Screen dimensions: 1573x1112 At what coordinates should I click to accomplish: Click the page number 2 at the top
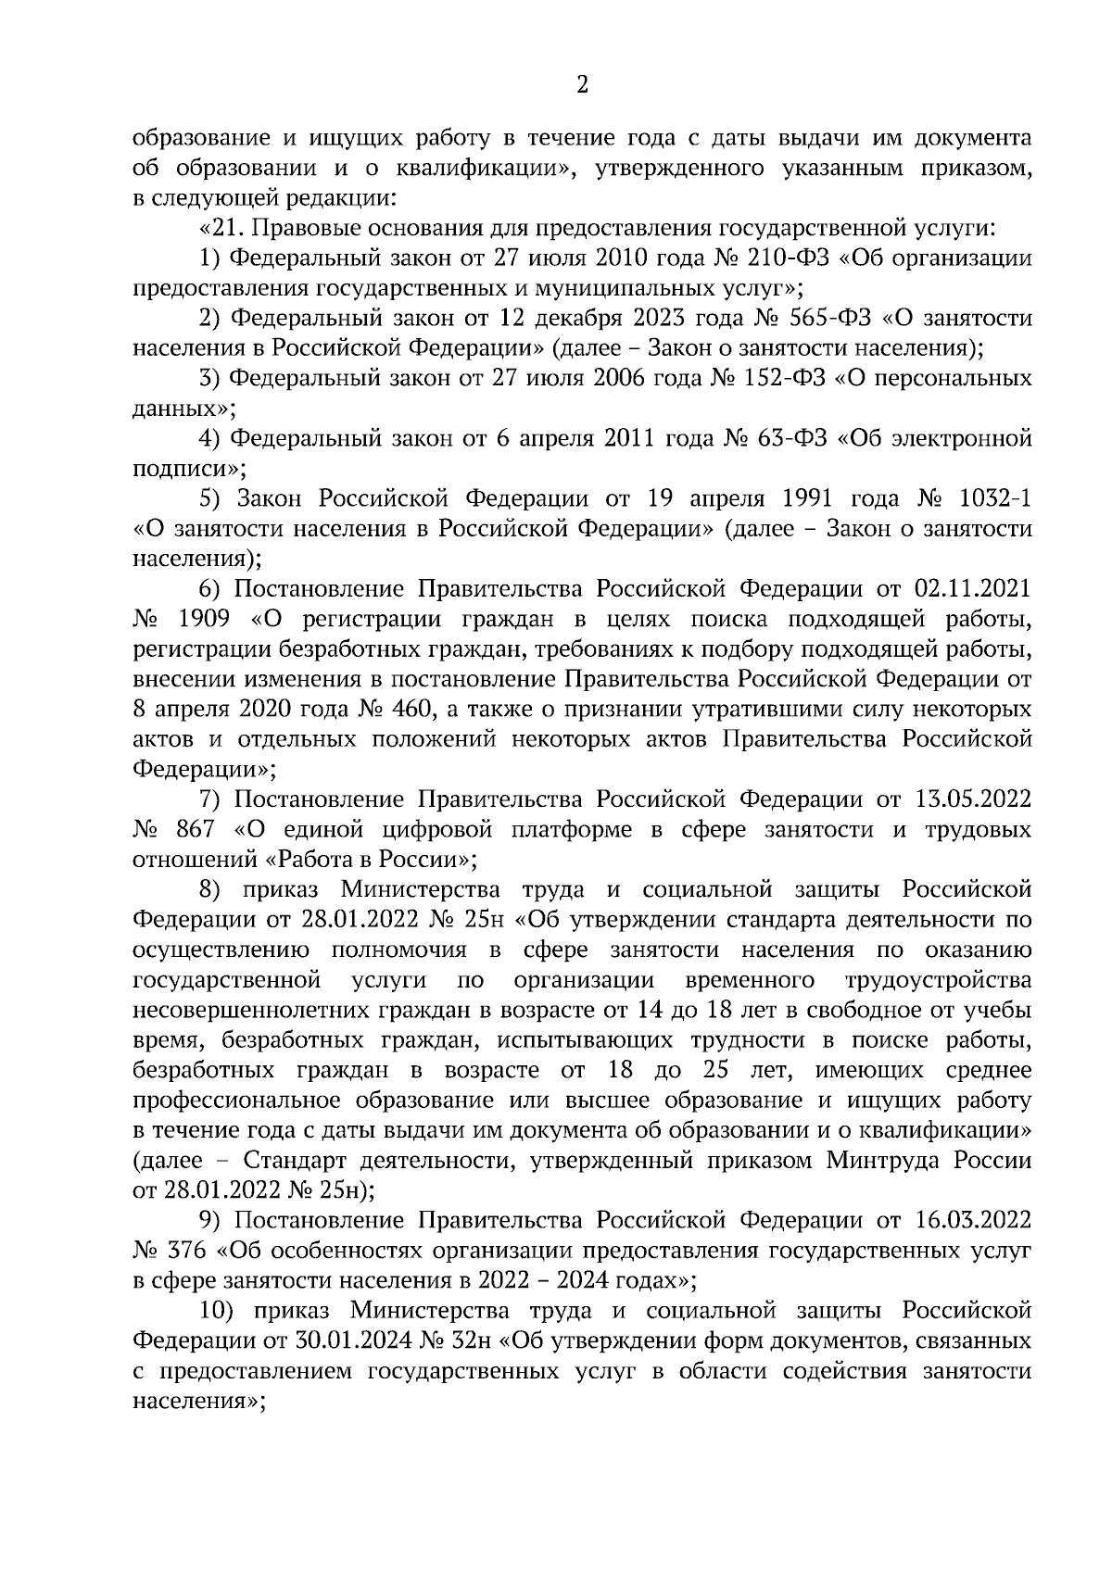[582, 86]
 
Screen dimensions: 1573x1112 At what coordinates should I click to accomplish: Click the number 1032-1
[994, 498]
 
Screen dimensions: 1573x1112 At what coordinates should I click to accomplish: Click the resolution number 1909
[203, 619]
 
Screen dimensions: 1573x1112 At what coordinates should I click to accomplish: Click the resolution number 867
[196, 829]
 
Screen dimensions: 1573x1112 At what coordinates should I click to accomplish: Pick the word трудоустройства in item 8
[938, 980]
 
